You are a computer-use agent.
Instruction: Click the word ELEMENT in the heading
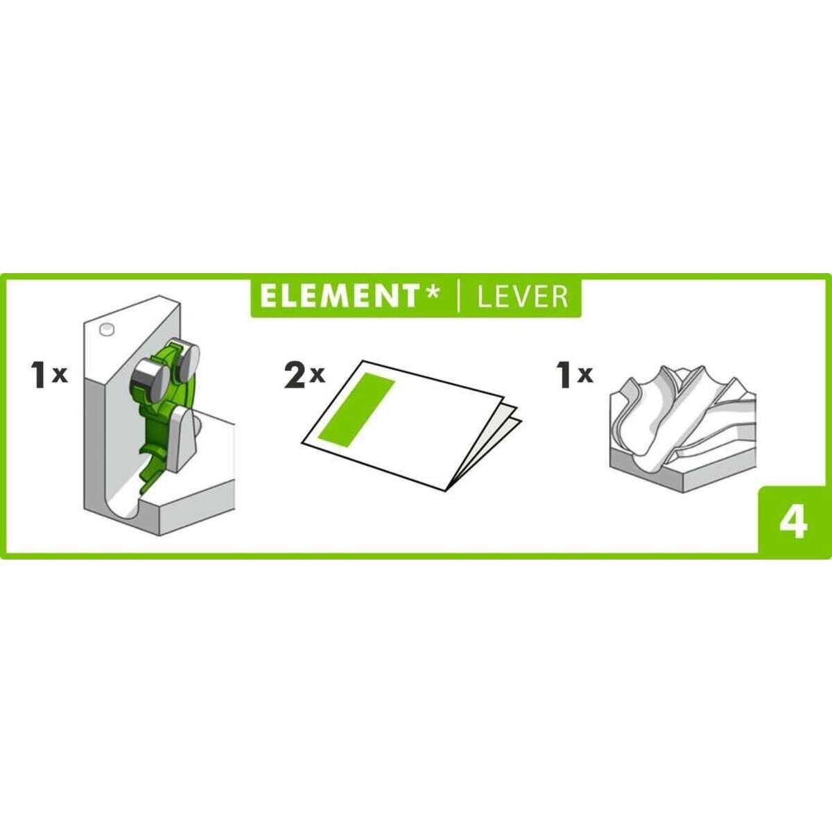[x=338, y=296]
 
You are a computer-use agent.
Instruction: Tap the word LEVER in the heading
[x=523, y=297]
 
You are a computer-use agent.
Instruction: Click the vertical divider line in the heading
[x=458, y=297]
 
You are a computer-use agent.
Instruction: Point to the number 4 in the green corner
[x=793, y=522]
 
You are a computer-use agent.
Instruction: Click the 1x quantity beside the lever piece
[x=49, y=375]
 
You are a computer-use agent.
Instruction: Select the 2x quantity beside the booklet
[x=304, y=375]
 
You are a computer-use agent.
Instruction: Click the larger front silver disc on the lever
[x=149, y=379]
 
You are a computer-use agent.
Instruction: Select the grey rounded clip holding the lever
[x=184, y=438]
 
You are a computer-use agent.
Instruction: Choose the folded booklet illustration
[x=409, y=423]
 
